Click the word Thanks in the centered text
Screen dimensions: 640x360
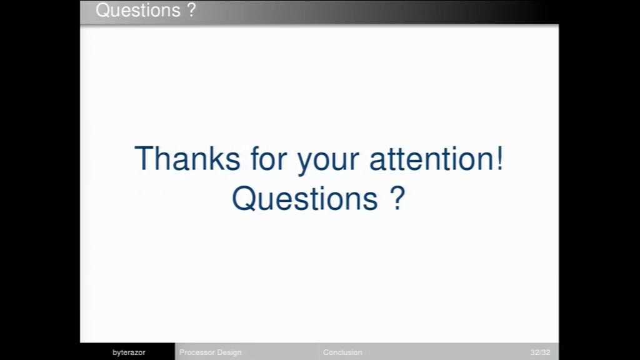(x=187, y=158)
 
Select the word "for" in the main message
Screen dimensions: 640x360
(x=269, y=158)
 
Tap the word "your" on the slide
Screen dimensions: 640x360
(x=328, y=162)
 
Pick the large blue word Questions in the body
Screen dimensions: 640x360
(x=305, y=198)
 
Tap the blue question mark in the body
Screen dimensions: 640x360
(x=397, y=197)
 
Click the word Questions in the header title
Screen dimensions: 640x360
(x=138, y=10)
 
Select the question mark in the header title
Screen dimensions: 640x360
(x=191, y=9)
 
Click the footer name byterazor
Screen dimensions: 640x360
(x=129, y=352)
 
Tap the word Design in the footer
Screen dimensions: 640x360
(x=229, y=352)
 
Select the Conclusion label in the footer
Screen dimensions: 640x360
(x=342, y=352)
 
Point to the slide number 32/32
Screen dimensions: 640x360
(x=541, y=352)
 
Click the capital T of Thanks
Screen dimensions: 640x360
(x=144, y=158)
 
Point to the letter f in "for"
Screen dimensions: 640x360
(x=255, y=158)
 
